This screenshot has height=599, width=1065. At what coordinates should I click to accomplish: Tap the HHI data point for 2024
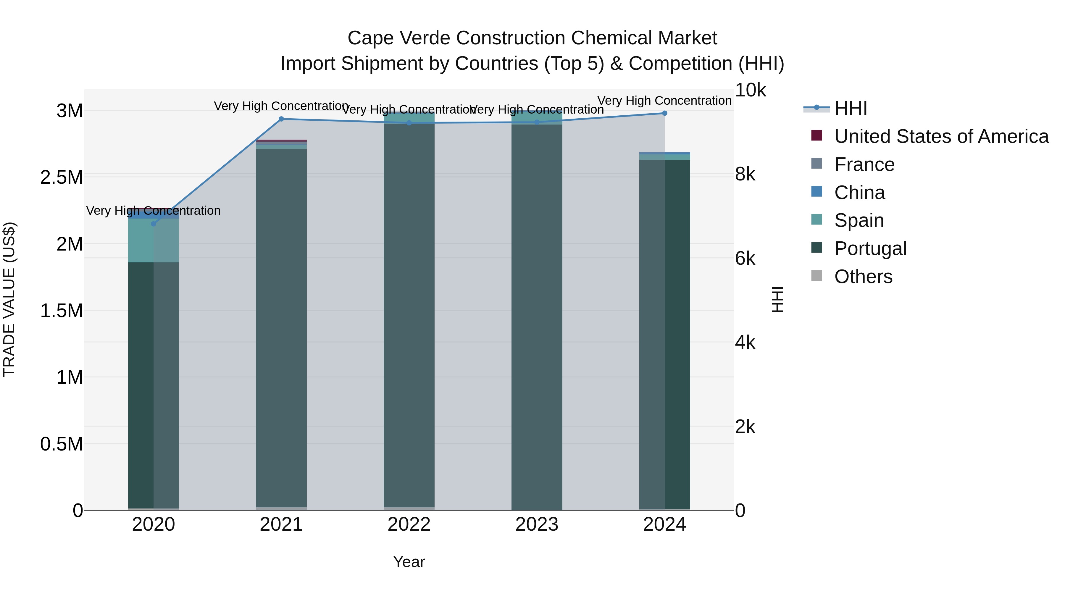click(664, 113)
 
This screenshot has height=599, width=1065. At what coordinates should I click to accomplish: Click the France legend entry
click(864, 164)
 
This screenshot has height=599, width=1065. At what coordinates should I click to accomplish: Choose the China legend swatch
click(816, 192)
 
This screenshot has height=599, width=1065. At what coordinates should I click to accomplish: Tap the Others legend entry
click(863, 277)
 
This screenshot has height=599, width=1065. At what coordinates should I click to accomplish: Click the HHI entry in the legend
click(851, 108)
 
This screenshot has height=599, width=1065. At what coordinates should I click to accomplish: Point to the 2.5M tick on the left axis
click(62, 177)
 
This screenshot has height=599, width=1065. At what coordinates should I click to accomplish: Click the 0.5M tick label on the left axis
click(62, 444)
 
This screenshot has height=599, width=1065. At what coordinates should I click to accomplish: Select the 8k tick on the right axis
click(745, 175)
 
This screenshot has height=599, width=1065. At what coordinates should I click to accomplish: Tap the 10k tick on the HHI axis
click(750, 90)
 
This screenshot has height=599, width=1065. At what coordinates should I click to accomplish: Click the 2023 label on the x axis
click(537, 524)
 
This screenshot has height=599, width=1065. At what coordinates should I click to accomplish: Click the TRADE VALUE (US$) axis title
click(9, 299)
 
